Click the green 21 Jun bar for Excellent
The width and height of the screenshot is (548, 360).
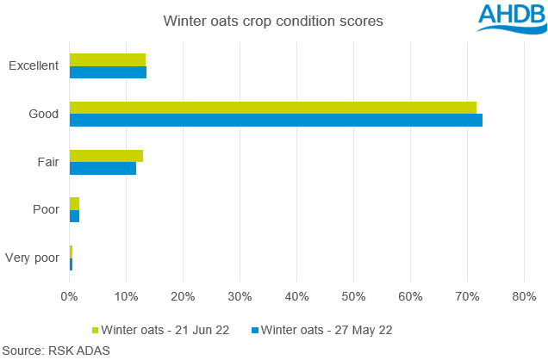coord(108,59)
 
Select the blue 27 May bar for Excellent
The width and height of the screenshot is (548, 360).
coord(108,72)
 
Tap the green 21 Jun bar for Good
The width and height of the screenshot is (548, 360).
coord(272,107)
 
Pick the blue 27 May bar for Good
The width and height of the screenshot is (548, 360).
coord(276,120)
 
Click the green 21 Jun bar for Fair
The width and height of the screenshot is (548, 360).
coord(106,156)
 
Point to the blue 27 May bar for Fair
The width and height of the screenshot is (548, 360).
coord(103,169)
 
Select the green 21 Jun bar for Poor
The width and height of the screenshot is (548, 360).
coord(74,203)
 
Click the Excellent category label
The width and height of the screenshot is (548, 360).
coord(34,65)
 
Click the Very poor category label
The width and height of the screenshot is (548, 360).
coord(33,258)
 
